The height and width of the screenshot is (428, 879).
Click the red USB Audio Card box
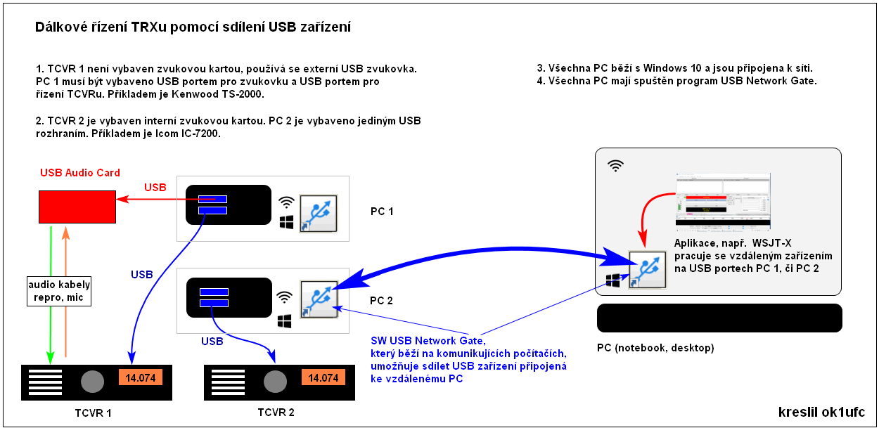(x=78, y=205)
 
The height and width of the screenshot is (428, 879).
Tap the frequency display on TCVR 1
(x=141, y=377)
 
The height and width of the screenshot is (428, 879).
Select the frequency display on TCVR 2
(x=323, y=377)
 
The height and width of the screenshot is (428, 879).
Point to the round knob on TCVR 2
(x=274, y=381)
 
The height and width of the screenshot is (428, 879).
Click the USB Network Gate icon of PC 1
(x=319, y=214)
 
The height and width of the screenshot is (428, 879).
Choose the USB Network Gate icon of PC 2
(x=319, y=300)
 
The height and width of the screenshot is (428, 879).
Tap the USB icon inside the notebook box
(x=648, y=269)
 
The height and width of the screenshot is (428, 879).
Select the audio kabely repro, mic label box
(x=58, y=290)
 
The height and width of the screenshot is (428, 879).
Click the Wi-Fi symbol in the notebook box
(x=615, y=166)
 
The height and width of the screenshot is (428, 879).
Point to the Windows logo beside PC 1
(x=286, y=223)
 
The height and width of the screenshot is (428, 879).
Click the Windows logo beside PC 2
(x=285, y=320)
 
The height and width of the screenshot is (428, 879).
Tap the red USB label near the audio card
(x=155, y=188)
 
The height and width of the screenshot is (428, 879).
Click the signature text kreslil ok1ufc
(x=821, y=412)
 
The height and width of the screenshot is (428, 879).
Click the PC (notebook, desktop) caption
(x=655, y=348)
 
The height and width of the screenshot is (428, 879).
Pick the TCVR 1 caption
(x=93, y=413)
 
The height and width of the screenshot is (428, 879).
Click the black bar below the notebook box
(x=719, y=318)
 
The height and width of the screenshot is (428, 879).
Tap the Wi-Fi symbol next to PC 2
(x=284, y=297)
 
